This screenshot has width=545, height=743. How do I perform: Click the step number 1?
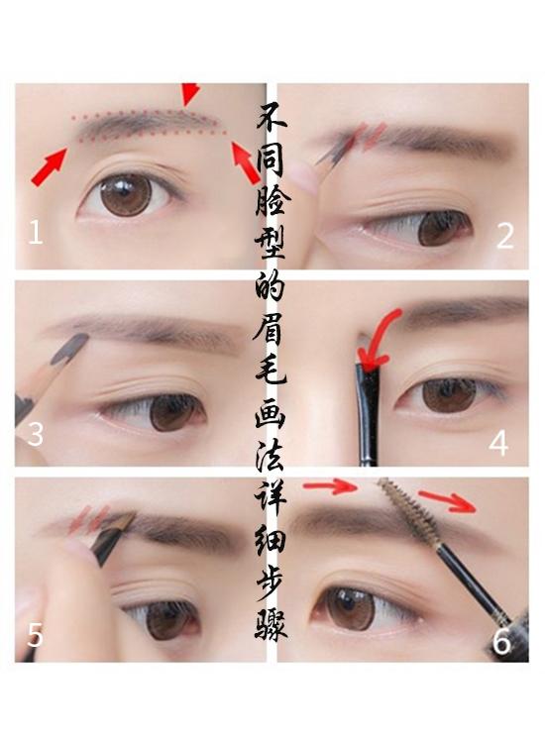pos(36,234)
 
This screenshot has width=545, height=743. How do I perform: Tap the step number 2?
pos(505,236)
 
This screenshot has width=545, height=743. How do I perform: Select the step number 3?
pos(36,434)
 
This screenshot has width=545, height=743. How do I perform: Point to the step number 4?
pos(498,443)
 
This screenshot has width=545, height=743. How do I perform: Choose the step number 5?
pos(36,634)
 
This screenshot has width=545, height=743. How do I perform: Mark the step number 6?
pos(501,642)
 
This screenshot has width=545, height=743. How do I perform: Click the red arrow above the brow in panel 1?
pos(189,94)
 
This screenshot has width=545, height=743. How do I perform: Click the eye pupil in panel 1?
pos(126,193)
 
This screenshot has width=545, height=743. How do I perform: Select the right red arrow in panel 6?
pos(445,500)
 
